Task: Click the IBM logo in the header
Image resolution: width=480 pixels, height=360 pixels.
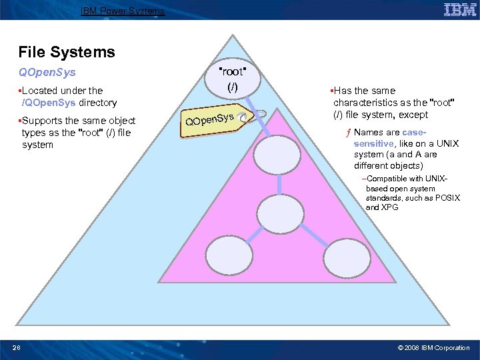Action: [459, 9]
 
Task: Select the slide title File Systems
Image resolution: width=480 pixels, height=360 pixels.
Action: [67, 52]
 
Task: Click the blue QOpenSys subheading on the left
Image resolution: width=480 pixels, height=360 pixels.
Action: [47, 72]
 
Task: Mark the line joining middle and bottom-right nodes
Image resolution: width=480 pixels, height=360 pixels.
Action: [311, 233]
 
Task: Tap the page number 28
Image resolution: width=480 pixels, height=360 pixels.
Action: [16, 347]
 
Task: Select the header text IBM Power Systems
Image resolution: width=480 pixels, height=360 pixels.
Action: [122, 11]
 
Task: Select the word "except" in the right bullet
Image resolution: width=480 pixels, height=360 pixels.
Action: [413, 115]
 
